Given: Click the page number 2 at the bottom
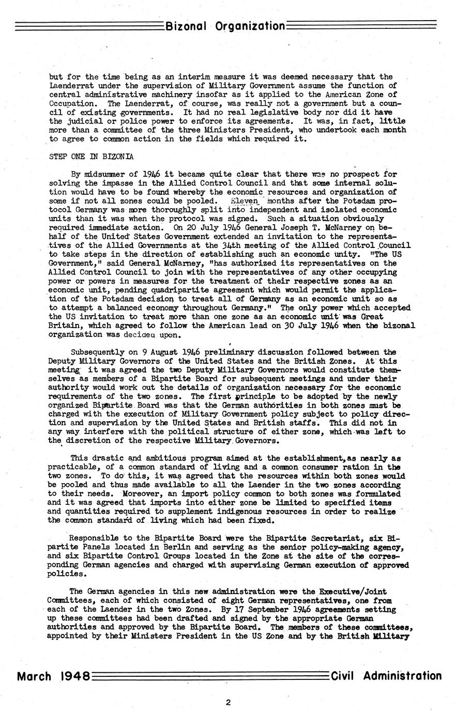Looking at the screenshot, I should [228, 702].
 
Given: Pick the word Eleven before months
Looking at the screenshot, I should [246, 200].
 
